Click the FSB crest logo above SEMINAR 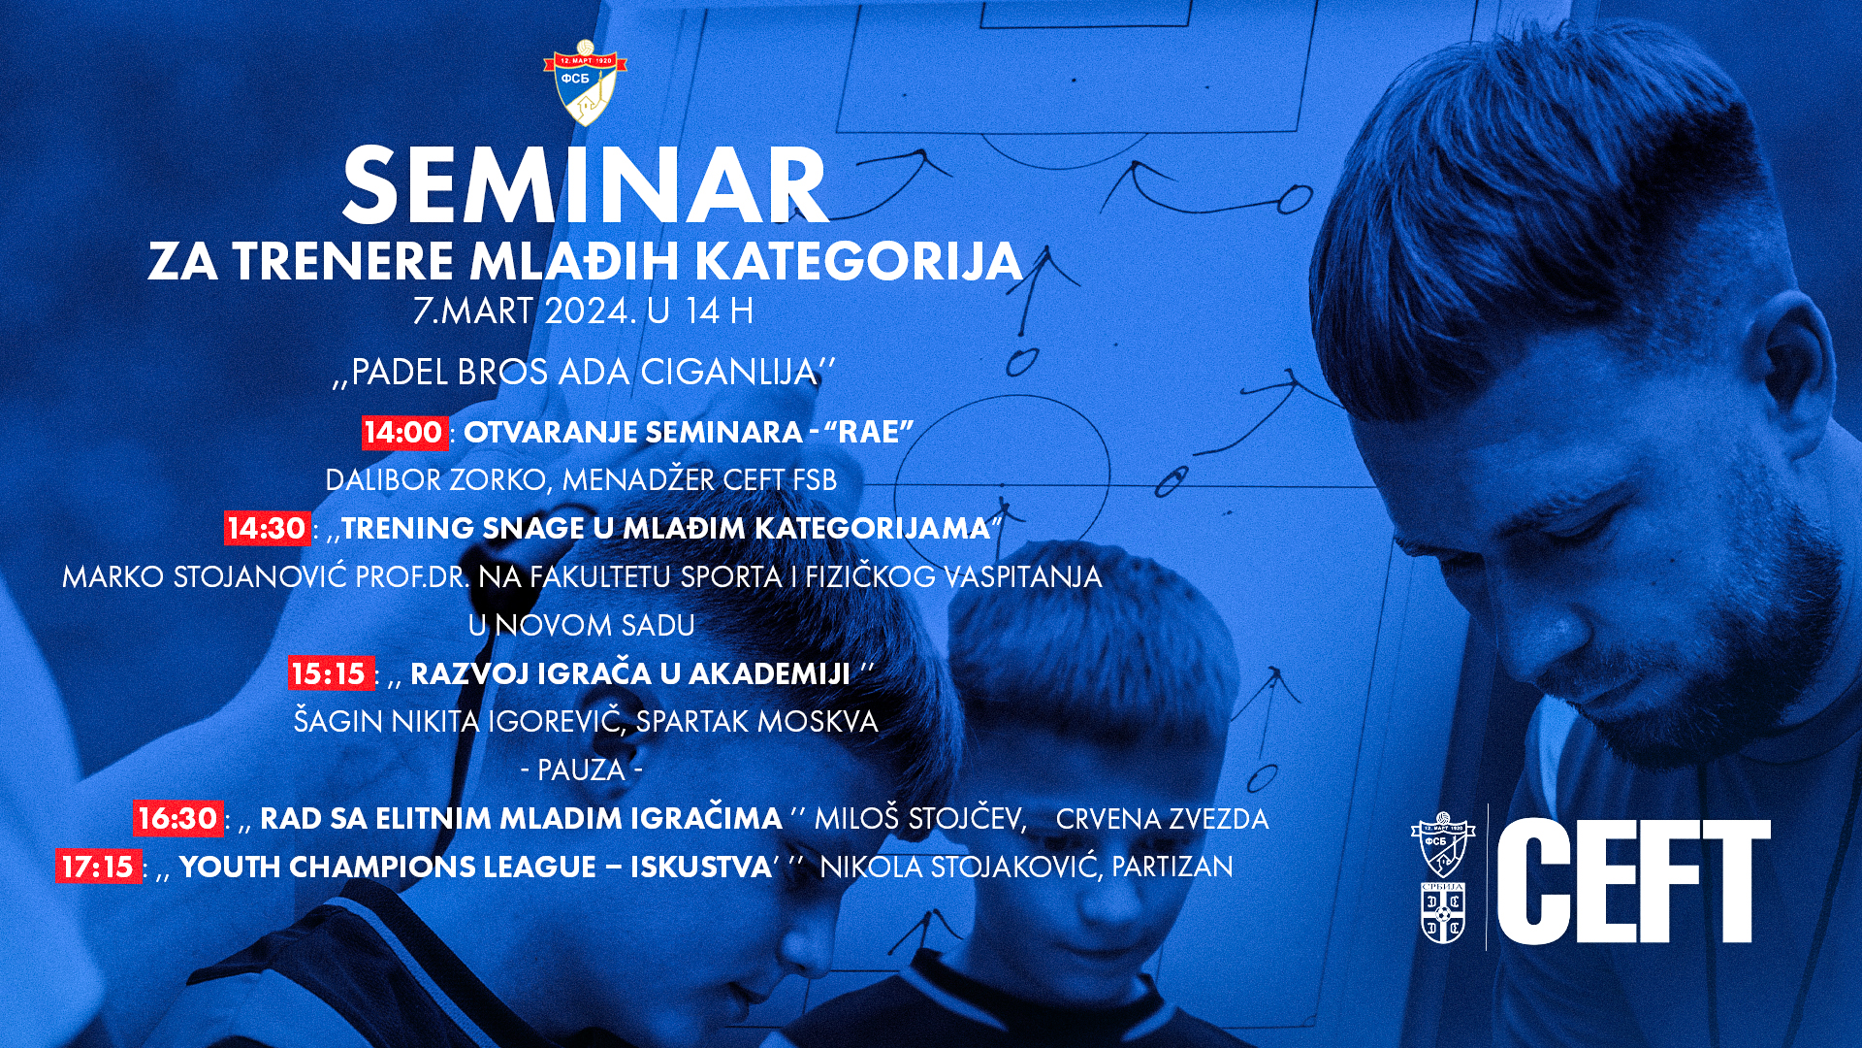pos(585,82)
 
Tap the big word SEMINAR pos(586,186)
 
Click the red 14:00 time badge pos(403,432)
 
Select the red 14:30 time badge pos(267,528)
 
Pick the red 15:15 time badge pos(330,672)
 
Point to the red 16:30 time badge pos(177,818)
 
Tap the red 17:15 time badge pos(98,866)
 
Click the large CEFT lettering pos(1634,880)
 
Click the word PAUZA pos(581,770)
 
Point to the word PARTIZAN pos(1172,867)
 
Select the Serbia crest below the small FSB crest pos(1443,912)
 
